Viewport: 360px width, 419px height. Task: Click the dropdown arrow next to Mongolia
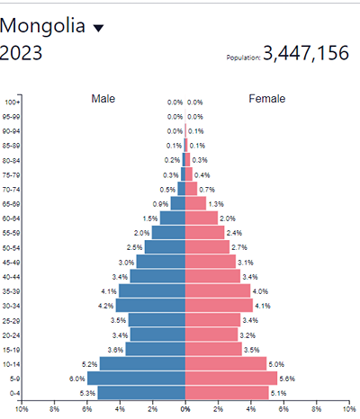[99, 28]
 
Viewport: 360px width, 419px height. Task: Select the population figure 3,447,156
[306, 54]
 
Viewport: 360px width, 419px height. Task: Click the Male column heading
[103, 99]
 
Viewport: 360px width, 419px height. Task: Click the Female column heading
[267, 99]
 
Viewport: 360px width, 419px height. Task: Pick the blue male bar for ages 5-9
[137, 379]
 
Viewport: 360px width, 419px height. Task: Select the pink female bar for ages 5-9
[231, 379]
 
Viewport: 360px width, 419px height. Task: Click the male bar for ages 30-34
[151, 306]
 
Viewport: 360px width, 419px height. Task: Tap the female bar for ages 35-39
[218, 291]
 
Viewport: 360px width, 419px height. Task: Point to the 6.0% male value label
[76, 379]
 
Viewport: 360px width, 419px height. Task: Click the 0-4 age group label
[13, 393]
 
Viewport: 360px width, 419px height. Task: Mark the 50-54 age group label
[13, 247]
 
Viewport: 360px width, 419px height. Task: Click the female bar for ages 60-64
[201, 218]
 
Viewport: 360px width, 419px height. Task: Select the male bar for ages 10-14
[142, 364]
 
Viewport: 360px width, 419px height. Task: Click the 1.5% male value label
[149, 218]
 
